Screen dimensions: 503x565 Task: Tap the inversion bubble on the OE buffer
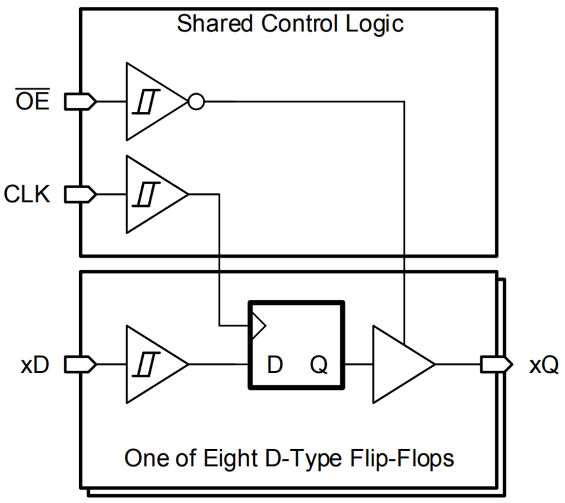pos(196,101)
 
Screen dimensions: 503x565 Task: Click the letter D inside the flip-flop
pos(274,365)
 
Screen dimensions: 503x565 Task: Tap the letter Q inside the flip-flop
pos(319,365)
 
